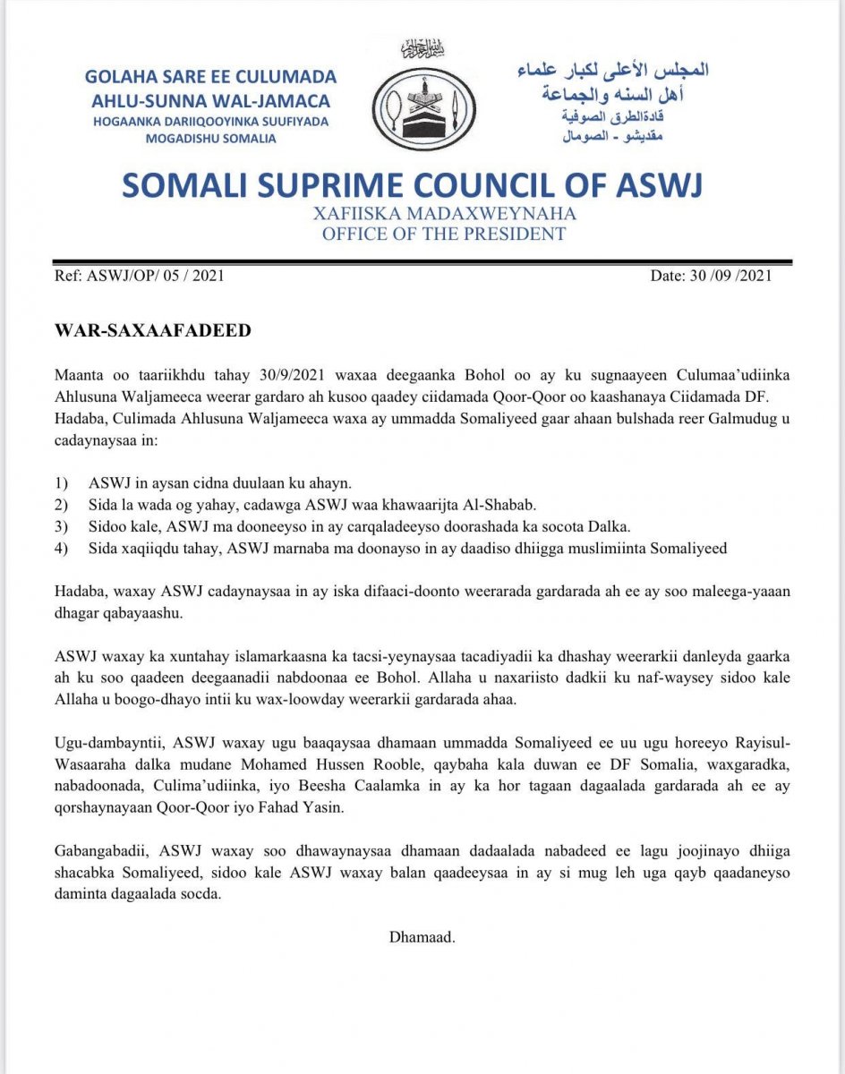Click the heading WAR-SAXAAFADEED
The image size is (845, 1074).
(153, 331)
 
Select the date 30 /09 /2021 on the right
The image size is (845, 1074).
(711, 276)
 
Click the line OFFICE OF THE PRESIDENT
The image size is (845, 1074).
(444, 234)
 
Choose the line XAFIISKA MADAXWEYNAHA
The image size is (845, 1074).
(444, 215)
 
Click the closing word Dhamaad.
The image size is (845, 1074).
(422, 937)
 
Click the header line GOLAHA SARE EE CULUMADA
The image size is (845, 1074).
(211, 77)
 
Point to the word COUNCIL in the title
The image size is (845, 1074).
(513, 185)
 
